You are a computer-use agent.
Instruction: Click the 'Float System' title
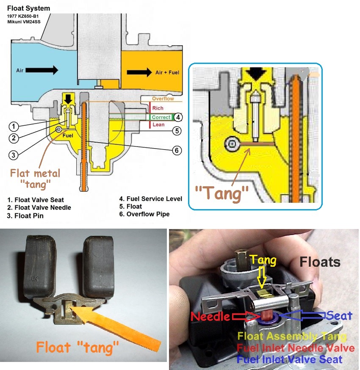tap(28, 8)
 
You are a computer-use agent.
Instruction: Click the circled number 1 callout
tap(14, 126)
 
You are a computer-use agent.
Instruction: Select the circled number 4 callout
tap(178, 117)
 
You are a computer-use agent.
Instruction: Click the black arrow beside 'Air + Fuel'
tap(138, 72)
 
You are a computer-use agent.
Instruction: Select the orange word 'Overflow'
tap(163, 99)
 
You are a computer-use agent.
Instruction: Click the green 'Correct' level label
tap(161, 117)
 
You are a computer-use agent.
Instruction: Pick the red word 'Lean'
tap(158, 125)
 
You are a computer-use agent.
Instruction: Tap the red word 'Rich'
tap(158, 108)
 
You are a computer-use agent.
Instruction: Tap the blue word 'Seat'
tap(340, 316)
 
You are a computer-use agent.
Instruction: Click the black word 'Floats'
tap(320, 262)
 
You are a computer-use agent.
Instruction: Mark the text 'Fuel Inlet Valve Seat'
tap(289, 360)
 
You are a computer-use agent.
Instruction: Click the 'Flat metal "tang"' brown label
tap(36, 178)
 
